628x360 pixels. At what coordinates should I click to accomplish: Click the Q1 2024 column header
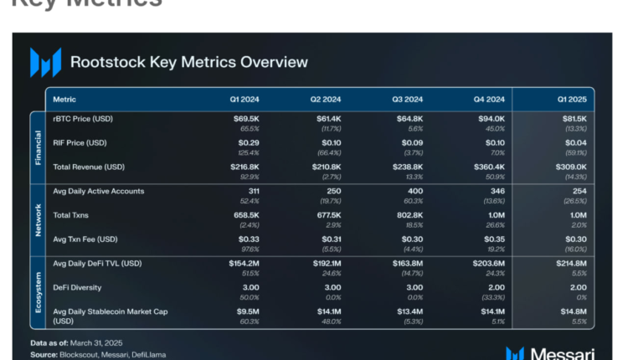[245, 100]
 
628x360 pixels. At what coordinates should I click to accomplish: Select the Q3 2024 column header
[409, 100]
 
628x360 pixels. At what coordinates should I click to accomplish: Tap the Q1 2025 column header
[571, 100]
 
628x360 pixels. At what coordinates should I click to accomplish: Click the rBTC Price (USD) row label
[82, 120]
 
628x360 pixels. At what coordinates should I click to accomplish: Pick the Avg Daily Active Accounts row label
[99, 191]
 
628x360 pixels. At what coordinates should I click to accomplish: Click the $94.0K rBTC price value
[492, 120]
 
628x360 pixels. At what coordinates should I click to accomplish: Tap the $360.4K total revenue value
[488, 167]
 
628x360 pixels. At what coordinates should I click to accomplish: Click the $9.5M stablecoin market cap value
[245, 311]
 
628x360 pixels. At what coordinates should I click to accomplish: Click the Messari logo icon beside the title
[45, 63]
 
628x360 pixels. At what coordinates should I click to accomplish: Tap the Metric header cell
[64, 100]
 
